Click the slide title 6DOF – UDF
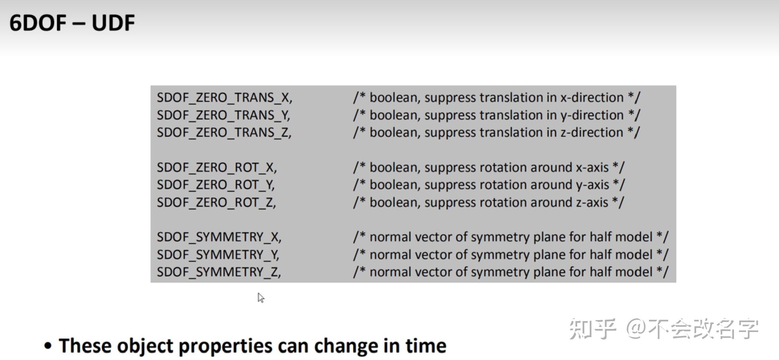pyautogui.click(x=72, y=23)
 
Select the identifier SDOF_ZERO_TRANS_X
pyautogui.click(x=224, y=98)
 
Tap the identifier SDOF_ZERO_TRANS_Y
pyautogui.click(x=223, y=115)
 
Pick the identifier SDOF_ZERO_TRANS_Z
pyautogui.click(x=224, y=132)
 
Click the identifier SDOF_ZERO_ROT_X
pyautogui.click(x=217, y=168)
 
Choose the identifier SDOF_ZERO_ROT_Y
pyautogui.click(x=216, y=185)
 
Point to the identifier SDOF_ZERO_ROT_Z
pyautogui.click(x=216, y=203)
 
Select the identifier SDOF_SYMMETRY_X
pyautogui.click(x=219, y=237)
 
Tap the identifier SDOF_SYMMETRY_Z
pyautogui.click(x=219, y=272)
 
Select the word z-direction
pyautogui.click(x=592, y=132)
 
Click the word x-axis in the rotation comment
pyautogui.click(x=592, y=168)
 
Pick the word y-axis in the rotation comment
pyautogui.click(x=592, y=185)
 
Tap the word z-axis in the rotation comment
pyautogui.click(x=592, y=203)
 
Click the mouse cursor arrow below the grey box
pyautogui.click(x=261, y=298)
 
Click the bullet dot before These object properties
pyautogui.click(x=48, y=346)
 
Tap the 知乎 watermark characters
pyautogui.click(x=593, y=329)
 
